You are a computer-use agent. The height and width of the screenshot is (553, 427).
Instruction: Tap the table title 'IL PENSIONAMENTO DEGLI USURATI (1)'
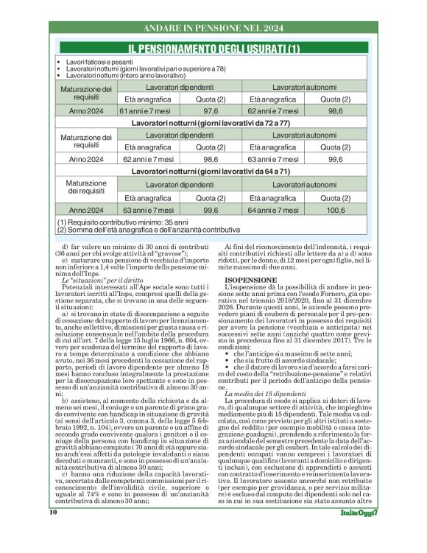213,49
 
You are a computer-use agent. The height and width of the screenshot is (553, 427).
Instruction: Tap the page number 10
53,532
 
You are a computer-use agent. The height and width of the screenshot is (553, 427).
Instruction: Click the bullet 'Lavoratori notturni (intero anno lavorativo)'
125,76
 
